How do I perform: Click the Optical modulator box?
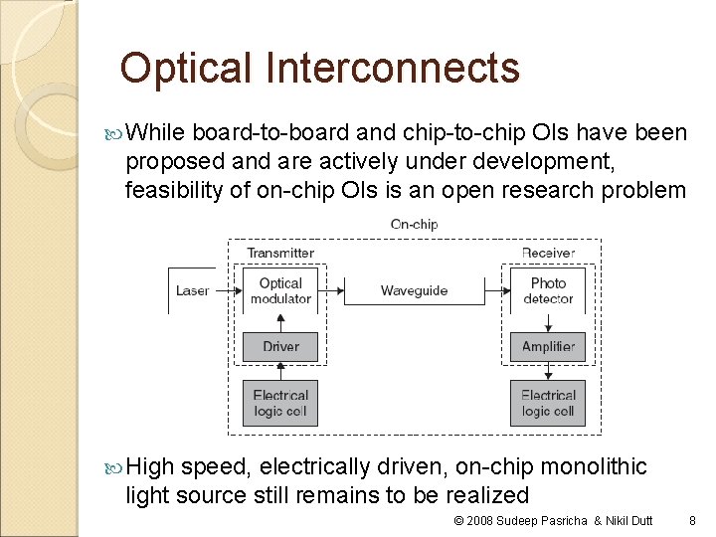pyautogui.click(x=280, y=290)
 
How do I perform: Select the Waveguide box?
pyautogui.click(x=414, y=291)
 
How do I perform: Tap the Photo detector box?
pyautogui.click(x=548, y=290)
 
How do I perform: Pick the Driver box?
pyautogui.click(x=280, y=346)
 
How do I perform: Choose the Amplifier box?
pyautogui.click(x=548, y=346)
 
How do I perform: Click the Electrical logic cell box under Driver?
pyautogui.click(x=280, y=403)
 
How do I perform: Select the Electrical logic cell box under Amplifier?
pyautogui.click(x=548, y=403)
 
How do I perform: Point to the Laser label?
pyautogui.click(x=192, y=290)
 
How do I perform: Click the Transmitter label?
pyautogui.click(x=280, y=254)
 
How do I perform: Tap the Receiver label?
pyautogui.click(x=548, y=254)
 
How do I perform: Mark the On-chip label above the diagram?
pyautogui.click(x=414, y=225)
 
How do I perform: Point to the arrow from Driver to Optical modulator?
pyautogui.click(x=280, y=322)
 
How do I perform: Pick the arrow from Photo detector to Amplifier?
pyautogui.click(x=548, y=322)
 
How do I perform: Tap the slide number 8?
pyautogui.click(x=692, y=520)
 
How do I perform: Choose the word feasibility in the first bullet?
pyautogui.click(x=173, y=189)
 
